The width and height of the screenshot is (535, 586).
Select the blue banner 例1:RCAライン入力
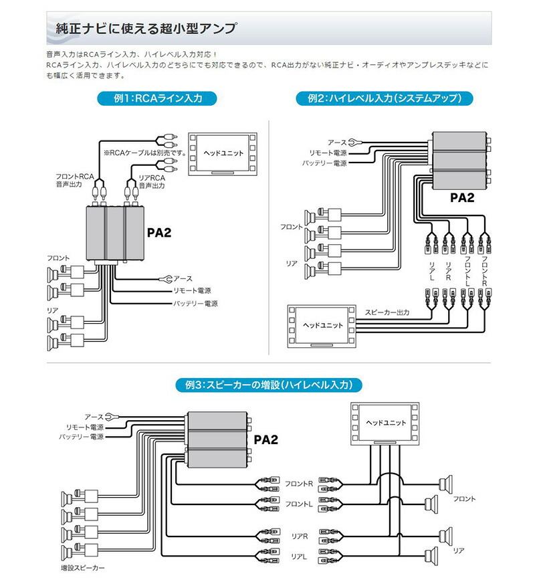[157, 98]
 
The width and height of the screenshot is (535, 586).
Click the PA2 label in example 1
[159, 233]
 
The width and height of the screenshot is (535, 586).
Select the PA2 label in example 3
[265, 440]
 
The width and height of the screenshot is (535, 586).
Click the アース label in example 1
[183, 278]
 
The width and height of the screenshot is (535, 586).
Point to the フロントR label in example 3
[298, 483]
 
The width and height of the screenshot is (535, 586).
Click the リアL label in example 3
[299, 556]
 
